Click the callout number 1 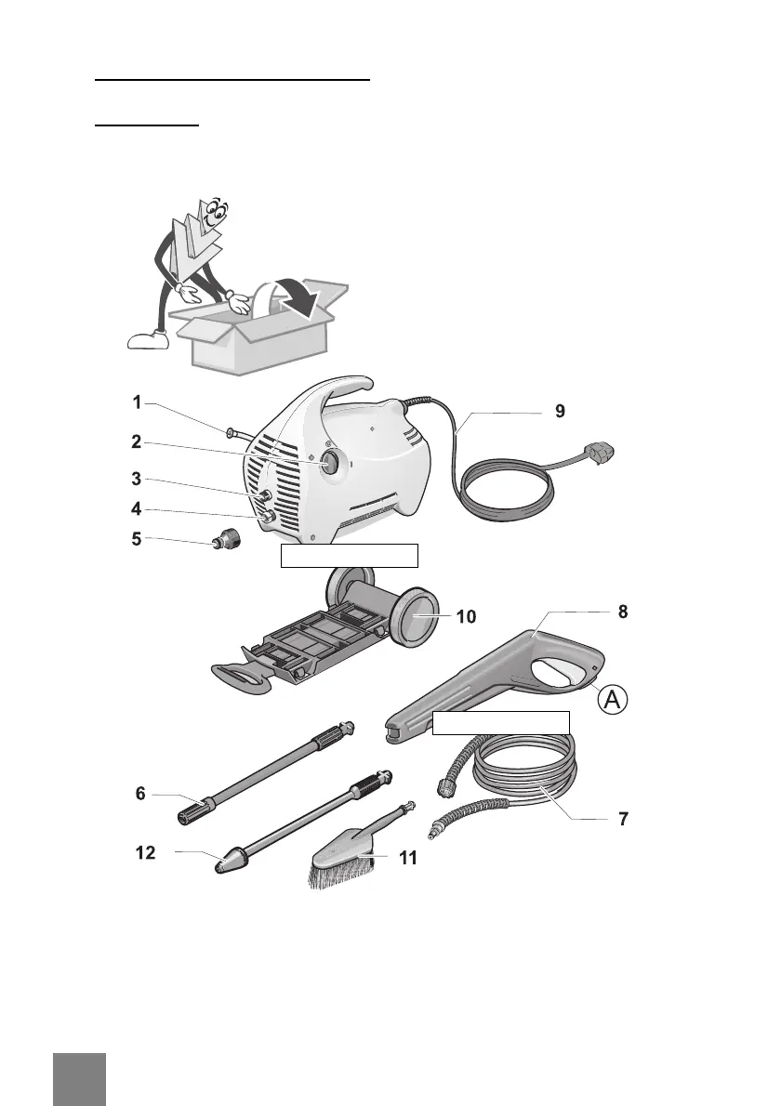137,403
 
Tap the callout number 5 137,538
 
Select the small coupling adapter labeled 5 225,538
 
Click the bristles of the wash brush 340,874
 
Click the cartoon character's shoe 147,341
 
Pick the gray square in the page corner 79,1079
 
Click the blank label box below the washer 350,556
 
